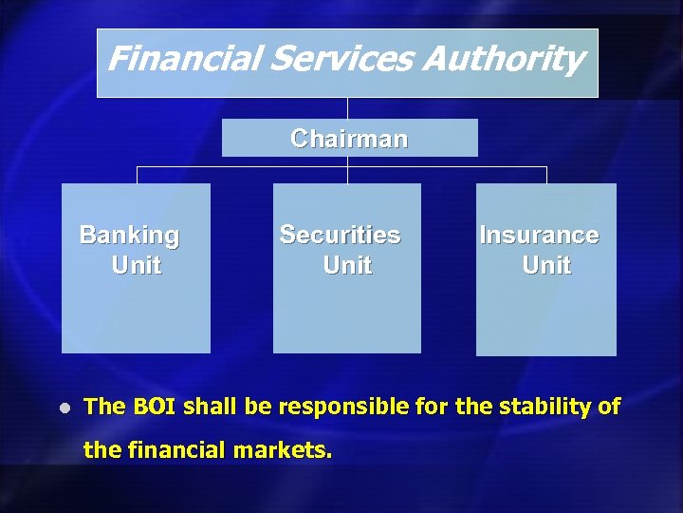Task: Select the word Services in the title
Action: [341, 60]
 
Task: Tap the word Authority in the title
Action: [501, 60]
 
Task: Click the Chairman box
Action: [349, 139]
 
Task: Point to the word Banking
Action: [129, 235]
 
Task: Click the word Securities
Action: [340, 235]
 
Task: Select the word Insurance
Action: [539, 235]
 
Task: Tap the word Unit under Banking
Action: [136, 265]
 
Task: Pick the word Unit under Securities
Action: [347, 265]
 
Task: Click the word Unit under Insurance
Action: [546, 265]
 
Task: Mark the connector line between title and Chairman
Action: [347, 107]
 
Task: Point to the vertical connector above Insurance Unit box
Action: [546, 175]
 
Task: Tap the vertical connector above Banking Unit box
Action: [137, 175]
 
